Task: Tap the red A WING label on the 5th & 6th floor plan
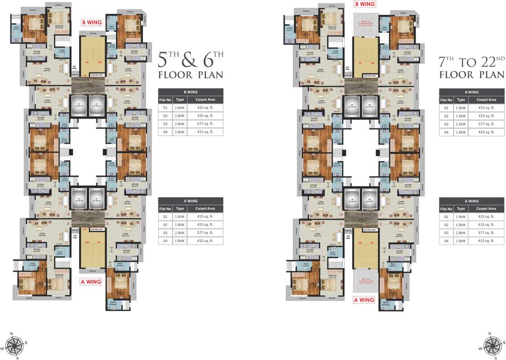91,282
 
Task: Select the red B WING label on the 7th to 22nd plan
365,4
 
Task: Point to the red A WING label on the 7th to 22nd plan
364,300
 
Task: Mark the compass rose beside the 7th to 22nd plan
492,345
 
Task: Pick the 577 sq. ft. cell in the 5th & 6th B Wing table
205,124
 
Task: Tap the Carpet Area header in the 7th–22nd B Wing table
486,100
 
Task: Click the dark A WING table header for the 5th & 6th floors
191,201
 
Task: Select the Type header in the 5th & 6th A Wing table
180,209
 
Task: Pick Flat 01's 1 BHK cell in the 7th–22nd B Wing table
461,108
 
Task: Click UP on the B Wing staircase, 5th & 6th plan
87,61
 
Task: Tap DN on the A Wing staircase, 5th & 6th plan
87,242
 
